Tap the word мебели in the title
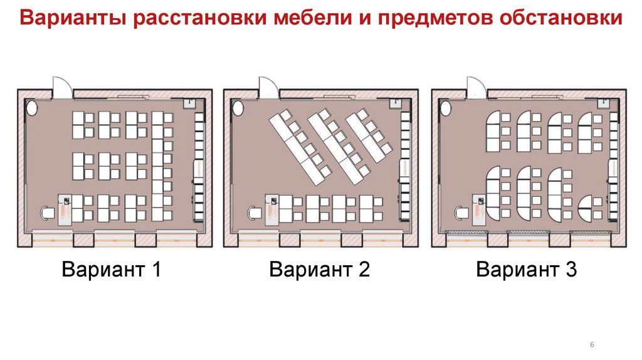point(305,18)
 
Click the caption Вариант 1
point(112,270)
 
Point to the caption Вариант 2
point(319,270)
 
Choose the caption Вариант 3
point(526,270)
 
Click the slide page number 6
point(592,346)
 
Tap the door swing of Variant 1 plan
point(61,86)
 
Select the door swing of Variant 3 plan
point(475,86)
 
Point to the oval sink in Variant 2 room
point(238,109)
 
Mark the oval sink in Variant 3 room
point(445,109)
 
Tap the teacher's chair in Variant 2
point(255,212)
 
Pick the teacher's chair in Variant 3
point(461,212)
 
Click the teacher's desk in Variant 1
point(65,209)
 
